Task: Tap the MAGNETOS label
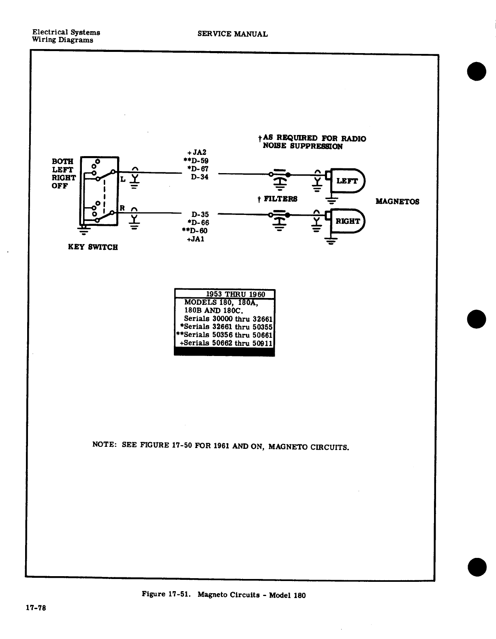(x=397, y=202)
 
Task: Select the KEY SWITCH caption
(x=93, y=247)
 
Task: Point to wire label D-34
(x=200, y=177)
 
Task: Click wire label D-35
(x=200, y=214)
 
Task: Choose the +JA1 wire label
(x=195, y=239)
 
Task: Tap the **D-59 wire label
(x=196, y=161)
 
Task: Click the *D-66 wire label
(x=198, y=223)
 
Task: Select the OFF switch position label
(x=60, y=186)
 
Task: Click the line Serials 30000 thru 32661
(x=228, y=319)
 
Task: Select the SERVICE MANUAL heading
(x=233, y=34)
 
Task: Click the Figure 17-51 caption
(x=223, y=595)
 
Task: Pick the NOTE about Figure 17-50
(x=221, y=447)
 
